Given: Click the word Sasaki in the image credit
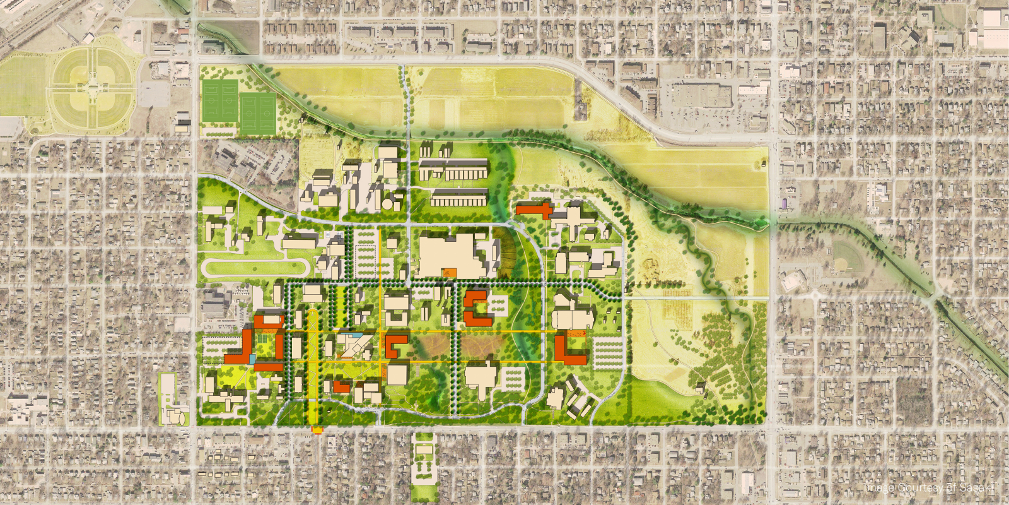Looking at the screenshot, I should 977,487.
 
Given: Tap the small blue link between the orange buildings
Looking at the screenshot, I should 253,359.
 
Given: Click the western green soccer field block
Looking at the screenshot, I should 220,100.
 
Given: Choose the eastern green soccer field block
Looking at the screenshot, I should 258,114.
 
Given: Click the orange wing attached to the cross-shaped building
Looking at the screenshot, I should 534,210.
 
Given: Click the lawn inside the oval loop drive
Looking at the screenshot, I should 252,268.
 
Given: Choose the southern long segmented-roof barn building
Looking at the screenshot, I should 459,198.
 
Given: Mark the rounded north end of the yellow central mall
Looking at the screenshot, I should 313,314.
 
